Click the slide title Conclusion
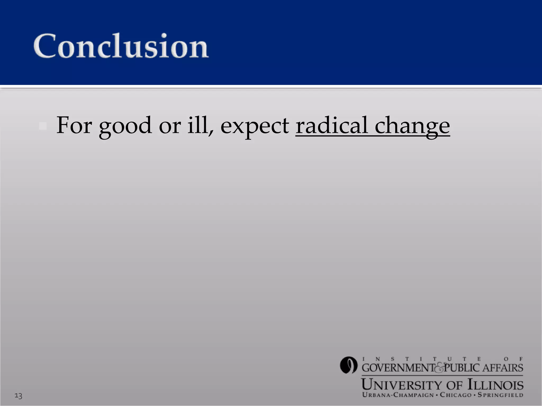coord(121,46)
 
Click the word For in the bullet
coord(74,125)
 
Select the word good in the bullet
coord(125,126)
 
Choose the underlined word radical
coord(332,125)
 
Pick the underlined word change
coord(412,126)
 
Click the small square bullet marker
coord(43,126)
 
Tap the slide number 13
coord(18,396)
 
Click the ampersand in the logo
coord(439,368)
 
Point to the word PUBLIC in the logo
coord(462,368)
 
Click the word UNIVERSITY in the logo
coord(402,385)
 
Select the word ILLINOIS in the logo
coord(495,385)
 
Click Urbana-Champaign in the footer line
coord(398,395)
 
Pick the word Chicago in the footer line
coord(456,395)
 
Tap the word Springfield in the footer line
coord(500,395)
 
